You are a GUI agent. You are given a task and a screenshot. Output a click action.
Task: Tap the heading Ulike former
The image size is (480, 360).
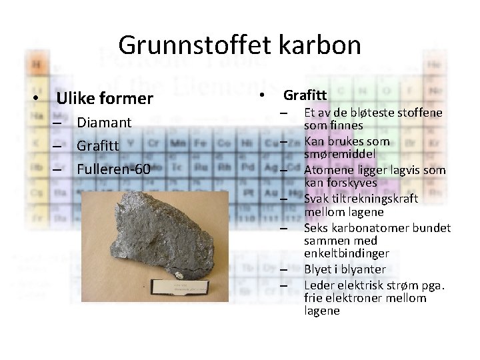click(105, 99)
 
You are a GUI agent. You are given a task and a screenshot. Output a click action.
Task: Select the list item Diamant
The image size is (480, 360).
click(104, 123)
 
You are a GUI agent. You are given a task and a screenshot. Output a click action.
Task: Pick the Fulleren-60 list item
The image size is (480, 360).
click(113, 169)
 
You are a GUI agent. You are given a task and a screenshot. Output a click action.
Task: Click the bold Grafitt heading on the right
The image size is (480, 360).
click(305, 95)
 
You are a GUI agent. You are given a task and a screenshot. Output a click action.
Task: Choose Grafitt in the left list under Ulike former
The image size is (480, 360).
click(98, 146)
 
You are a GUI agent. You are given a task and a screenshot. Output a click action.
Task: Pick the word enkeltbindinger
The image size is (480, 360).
click(346, 253)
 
